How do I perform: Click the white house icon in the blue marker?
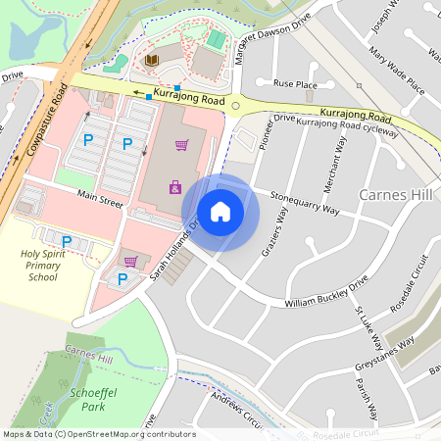[x=220, y=212]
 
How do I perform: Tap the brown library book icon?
[x=151, y=62]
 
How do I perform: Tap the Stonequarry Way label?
[x=305, y=201]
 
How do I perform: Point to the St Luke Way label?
[x=369, y=327]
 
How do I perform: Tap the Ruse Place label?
[x=296, y=84]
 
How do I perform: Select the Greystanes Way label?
[x=384, y=355]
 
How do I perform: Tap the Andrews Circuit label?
[x=239, y=413]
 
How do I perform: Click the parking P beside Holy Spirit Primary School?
[x=67, y=242]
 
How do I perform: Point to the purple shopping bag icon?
[x=175, y=186]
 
